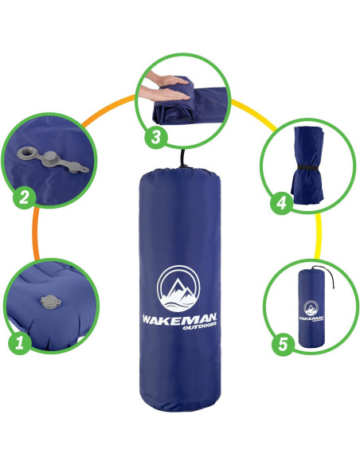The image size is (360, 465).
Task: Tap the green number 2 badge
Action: coord(23,197)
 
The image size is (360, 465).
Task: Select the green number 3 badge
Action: coord(155,137)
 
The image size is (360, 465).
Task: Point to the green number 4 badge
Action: coord(280,204)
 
